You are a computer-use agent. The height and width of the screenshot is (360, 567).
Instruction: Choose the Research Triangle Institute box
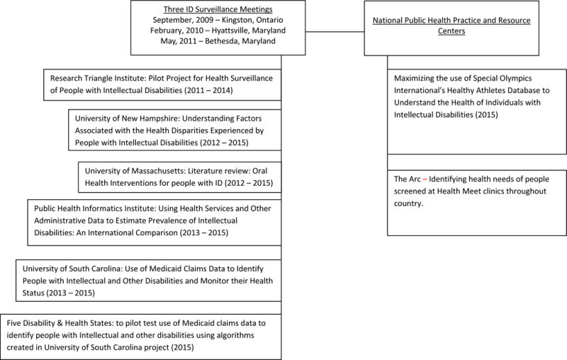coord(162,83)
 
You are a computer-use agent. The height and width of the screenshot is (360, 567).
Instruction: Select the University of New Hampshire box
coord(175,129)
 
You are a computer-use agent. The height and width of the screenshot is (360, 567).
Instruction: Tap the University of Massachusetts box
coord(179,176)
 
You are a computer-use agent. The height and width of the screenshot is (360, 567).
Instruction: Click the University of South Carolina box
coord(147,280)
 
